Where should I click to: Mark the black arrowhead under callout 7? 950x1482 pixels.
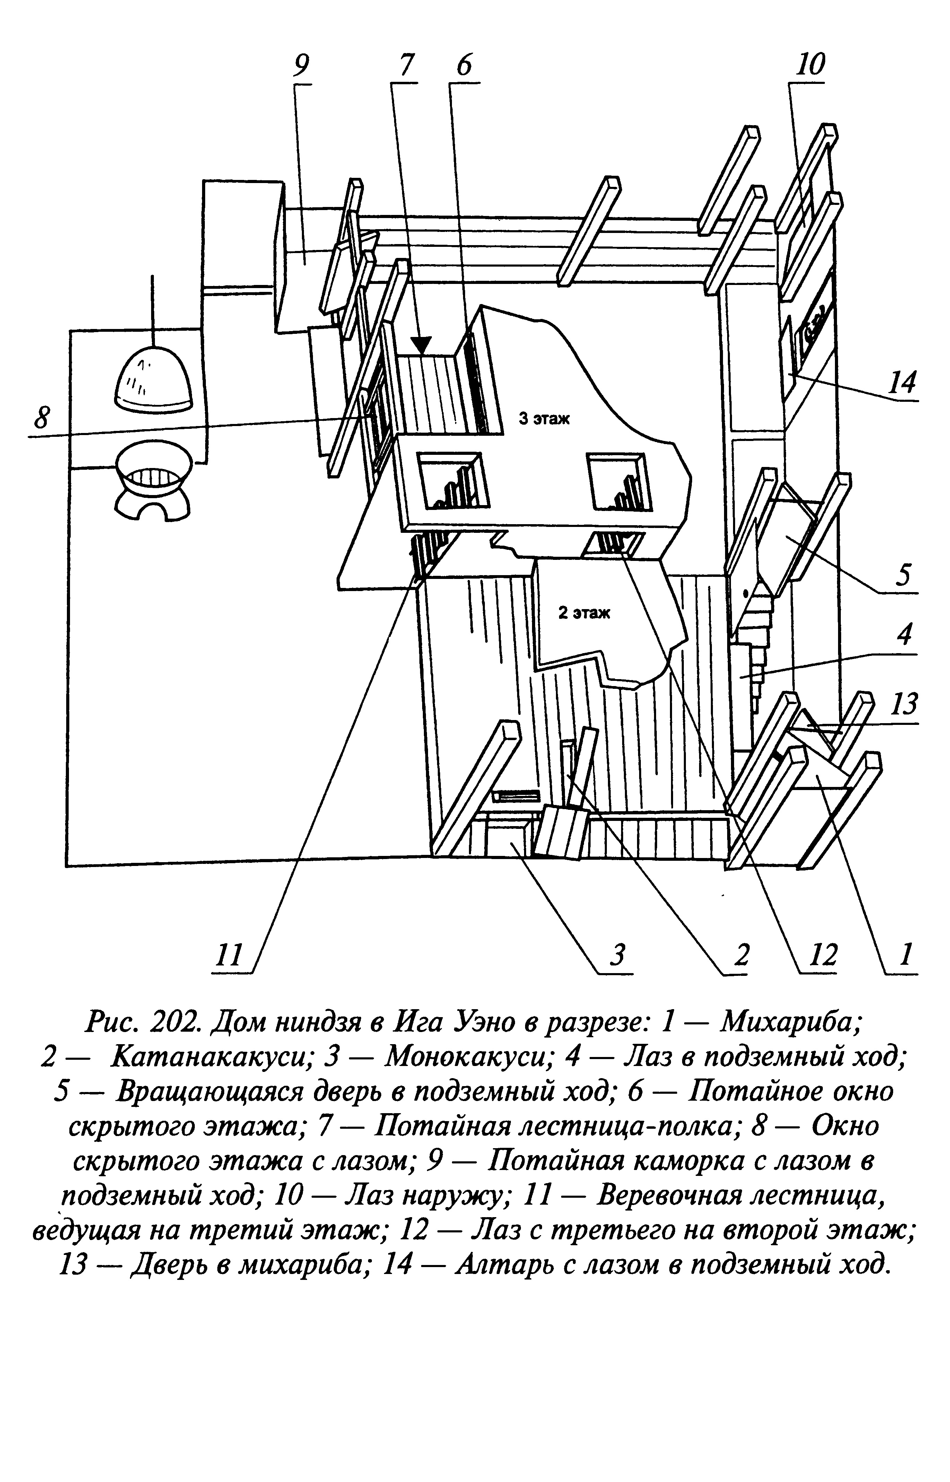click(422, 346)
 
